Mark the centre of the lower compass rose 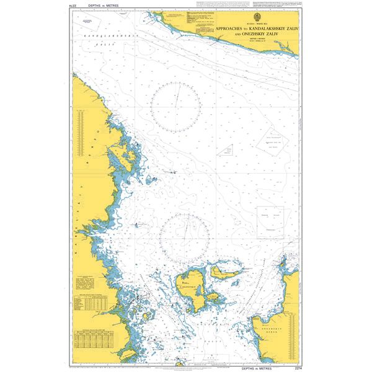(x=184, y=237)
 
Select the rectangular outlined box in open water (x=270, y=220)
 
